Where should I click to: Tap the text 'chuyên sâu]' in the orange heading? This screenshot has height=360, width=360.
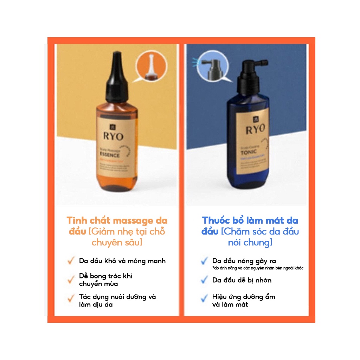[x=117, y=243]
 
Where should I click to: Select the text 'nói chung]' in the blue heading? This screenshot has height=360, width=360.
[x=250, y=243]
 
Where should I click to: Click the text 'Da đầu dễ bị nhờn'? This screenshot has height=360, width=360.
[x=242, y=280]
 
